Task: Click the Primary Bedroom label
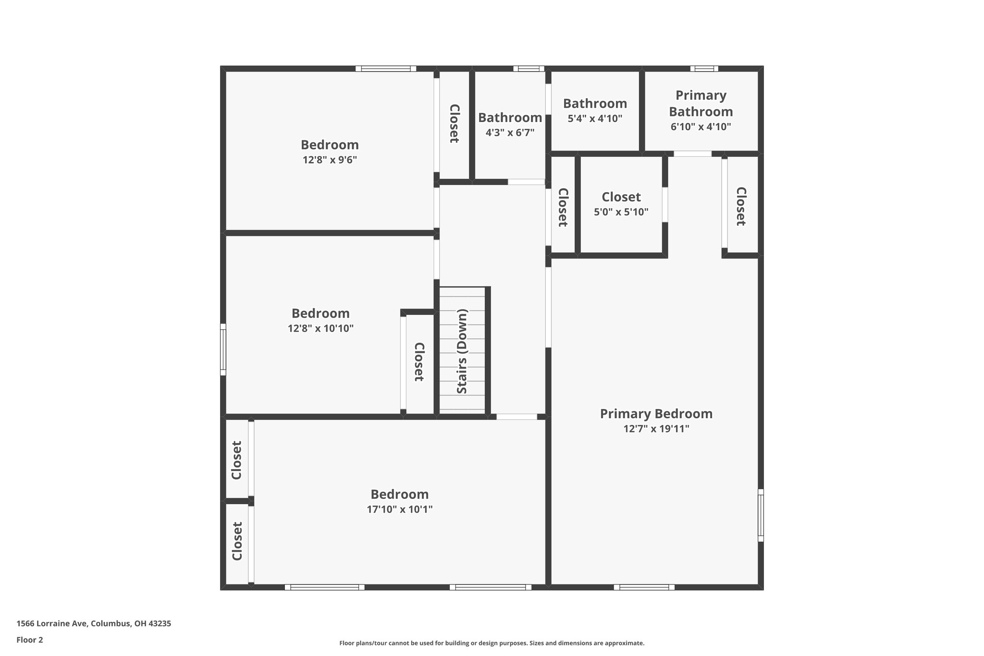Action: point(656,414)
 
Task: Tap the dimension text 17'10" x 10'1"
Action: point(400,509)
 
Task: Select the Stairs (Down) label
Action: point(462,351)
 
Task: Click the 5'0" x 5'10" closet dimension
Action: point(621,212)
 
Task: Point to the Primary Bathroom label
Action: point(701,103)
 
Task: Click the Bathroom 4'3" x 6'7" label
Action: point(510,118)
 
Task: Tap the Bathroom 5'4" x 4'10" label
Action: point(595,104)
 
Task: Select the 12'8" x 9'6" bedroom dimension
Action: point(330,160)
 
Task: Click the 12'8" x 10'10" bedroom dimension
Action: point(320,329)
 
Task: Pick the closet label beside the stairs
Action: point(419,362)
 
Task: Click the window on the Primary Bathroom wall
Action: point(704,69)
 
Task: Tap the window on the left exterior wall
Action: point(223,349)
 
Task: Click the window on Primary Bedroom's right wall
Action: point(761,515)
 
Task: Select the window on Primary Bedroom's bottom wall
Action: point(644,587)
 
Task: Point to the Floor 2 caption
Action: point(30,640)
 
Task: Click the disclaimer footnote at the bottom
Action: point(492,643)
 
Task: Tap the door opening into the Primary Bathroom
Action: point(692,154)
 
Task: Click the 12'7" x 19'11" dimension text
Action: point(656,429)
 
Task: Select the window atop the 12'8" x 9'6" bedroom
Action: point(386,69)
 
